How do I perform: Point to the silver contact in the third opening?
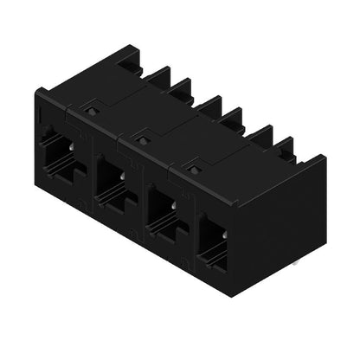(174, 203)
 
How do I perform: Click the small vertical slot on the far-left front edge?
(39, 116)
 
